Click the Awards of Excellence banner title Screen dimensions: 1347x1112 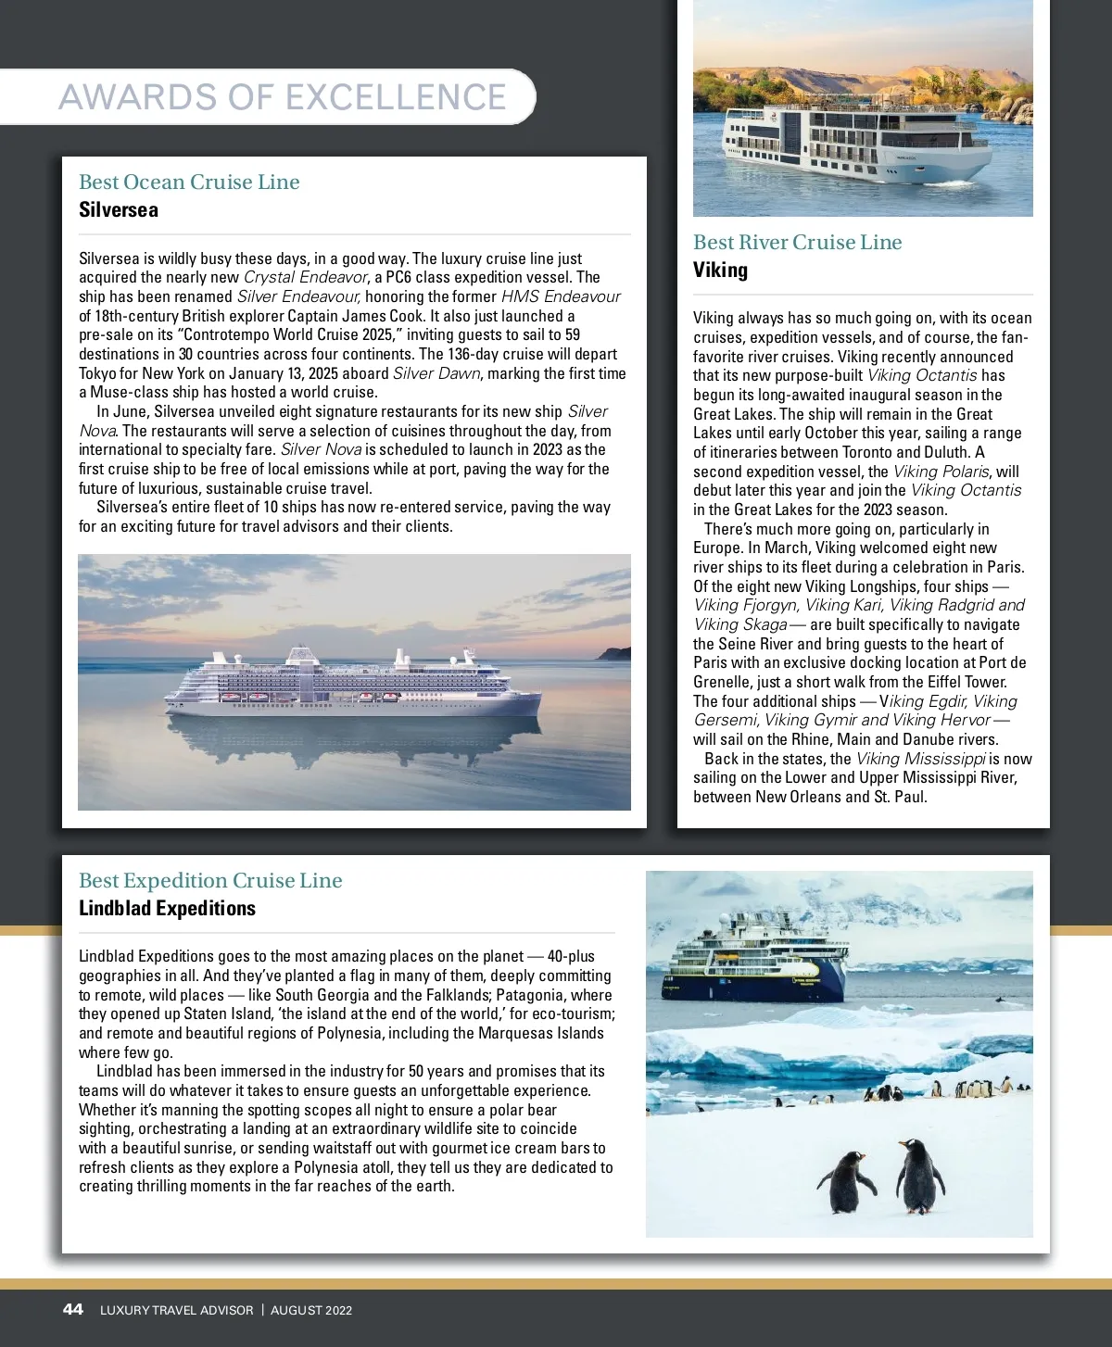coord(283,97)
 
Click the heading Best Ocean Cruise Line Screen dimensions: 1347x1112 coord(189,182)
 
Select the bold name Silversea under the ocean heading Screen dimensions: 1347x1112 coord(119,210)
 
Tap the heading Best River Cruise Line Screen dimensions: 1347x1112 coord(797,242)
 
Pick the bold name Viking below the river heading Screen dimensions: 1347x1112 coord(720,271)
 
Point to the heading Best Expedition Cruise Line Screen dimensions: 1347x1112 coord(210,880)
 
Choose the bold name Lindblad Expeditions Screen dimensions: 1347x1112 coord(167,909)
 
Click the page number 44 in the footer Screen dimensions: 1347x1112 coord(72,1309)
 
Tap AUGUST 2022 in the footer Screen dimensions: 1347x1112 coord(311,1310)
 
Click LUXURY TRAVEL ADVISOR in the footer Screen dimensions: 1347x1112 coord(176,1310)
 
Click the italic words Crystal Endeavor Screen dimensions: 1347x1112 coord(305,277)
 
